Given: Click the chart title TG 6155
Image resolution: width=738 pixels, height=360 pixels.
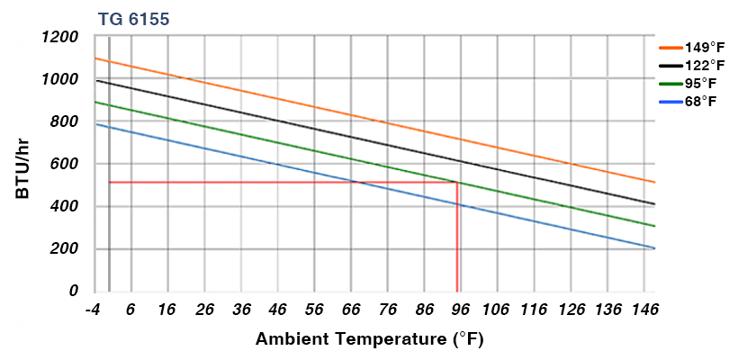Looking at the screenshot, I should (133, 18).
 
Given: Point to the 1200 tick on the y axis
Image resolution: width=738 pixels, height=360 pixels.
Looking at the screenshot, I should (60, 37).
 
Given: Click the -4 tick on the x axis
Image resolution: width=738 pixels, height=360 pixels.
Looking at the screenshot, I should (92, 310).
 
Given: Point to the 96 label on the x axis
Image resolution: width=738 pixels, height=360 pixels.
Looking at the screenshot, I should (460, 310).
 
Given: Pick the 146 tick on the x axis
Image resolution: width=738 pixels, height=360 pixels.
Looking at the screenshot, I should (645, 310).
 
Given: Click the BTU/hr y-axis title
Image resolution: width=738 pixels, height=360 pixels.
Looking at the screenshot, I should (23, 163).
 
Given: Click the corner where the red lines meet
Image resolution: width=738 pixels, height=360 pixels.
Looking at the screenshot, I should (457, 183).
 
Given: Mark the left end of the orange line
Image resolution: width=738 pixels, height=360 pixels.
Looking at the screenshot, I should (94, 58).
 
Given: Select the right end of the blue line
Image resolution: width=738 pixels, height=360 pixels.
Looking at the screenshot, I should (654, 247).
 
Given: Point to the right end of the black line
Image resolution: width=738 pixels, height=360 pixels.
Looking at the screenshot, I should (654, 203).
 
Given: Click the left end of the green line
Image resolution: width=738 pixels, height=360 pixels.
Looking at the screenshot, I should (94, 102).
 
